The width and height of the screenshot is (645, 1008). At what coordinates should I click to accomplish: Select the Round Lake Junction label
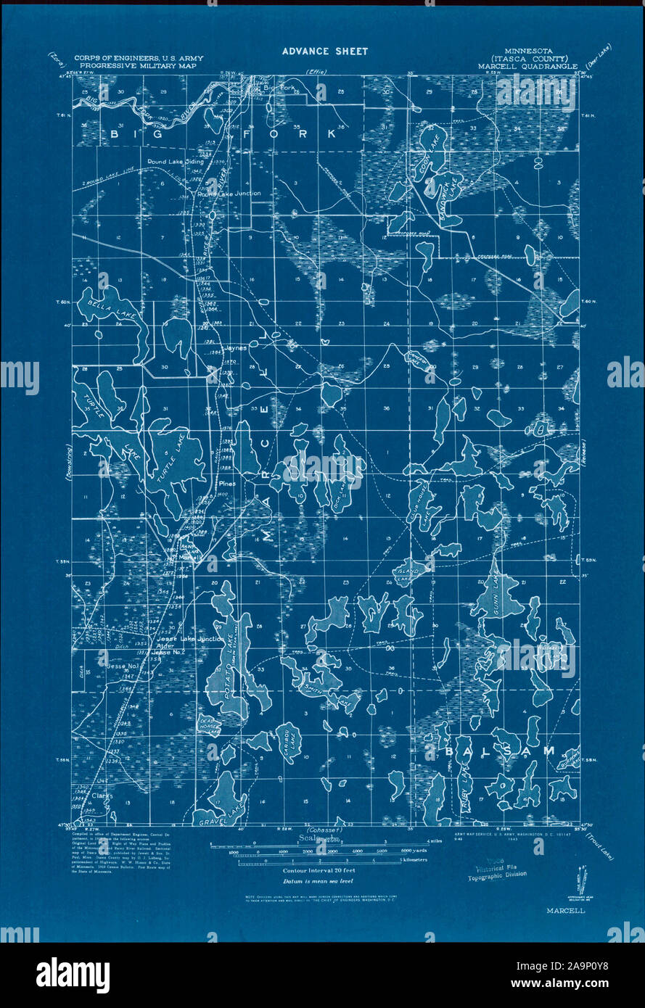[229, 194]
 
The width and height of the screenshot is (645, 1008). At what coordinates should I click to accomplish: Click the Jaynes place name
[237, 347]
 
